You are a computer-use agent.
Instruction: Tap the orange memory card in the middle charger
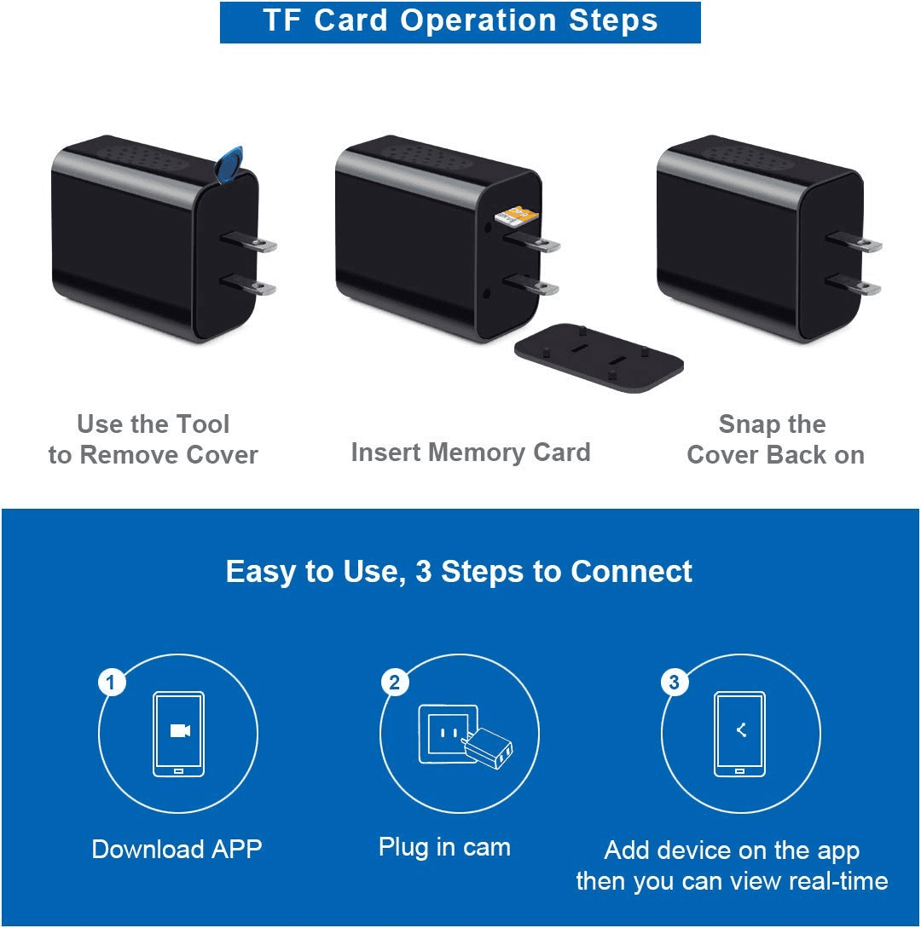coord(517,215)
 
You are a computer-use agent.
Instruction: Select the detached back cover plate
coord(599,357)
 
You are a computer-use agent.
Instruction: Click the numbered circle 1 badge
coord(111,683)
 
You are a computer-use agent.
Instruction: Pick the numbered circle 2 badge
coord(395,683)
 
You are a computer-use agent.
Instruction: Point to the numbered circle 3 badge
coord(674,683)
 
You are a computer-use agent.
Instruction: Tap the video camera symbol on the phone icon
coord(180,731)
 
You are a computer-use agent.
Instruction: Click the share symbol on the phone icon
coord(740,730)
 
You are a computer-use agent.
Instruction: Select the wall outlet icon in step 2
coord(449,734)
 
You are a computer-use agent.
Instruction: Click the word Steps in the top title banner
coord(613,20)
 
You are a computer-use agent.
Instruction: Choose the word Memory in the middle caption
coord(476,452)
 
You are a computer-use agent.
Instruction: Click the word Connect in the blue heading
coord(631,572)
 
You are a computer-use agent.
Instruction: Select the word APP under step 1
coord(236,850)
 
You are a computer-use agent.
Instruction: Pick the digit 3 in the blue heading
coord(424,572)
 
